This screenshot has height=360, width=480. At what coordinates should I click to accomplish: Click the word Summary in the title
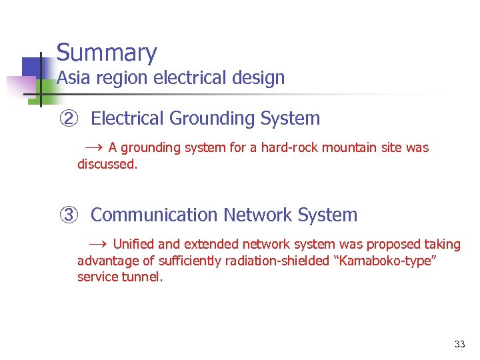(x=107, y=53)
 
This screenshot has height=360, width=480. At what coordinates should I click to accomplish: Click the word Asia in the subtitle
(x=71, y=78)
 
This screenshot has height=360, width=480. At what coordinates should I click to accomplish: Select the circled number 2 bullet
(x=69, y=119)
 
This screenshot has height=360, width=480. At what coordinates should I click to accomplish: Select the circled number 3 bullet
(x=69, y=215)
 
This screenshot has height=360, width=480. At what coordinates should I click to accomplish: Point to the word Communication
(x=154, y=215)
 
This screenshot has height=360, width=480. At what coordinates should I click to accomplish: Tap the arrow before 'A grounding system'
(x=93, y=147)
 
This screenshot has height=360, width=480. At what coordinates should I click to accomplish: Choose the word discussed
(x=107, y=163)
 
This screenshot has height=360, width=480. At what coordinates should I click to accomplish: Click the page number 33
(x=459, y=344)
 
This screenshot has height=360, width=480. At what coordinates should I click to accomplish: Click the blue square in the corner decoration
(x=33, y=67)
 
